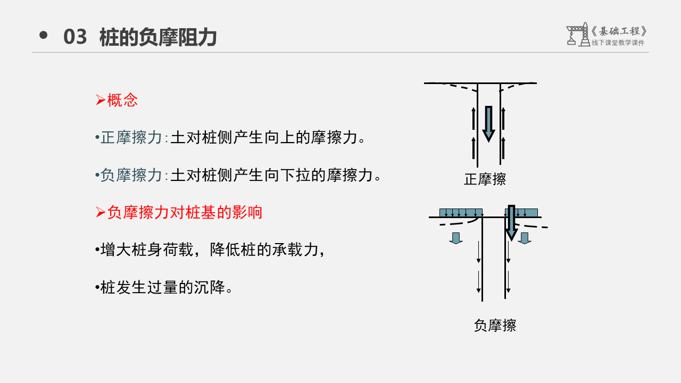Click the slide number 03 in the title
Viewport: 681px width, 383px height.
75,37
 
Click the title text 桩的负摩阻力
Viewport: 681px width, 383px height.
158,37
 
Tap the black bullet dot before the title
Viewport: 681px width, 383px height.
44,36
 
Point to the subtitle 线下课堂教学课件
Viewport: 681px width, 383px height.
618,43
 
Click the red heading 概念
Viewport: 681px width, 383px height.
122,100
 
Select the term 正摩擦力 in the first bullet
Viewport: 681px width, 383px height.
131,138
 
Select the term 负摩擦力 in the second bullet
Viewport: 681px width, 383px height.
131,175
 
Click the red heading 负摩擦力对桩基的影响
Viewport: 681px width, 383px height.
185,212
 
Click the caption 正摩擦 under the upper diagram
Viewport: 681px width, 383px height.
485,179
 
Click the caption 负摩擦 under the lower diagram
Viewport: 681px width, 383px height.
495,325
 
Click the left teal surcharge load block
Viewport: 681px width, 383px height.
461,213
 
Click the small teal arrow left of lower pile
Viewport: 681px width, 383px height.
456,238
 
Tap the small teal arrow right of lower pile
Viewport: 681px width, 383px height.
525,238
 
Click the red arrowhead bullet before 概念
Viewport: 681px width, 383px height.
100,100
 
